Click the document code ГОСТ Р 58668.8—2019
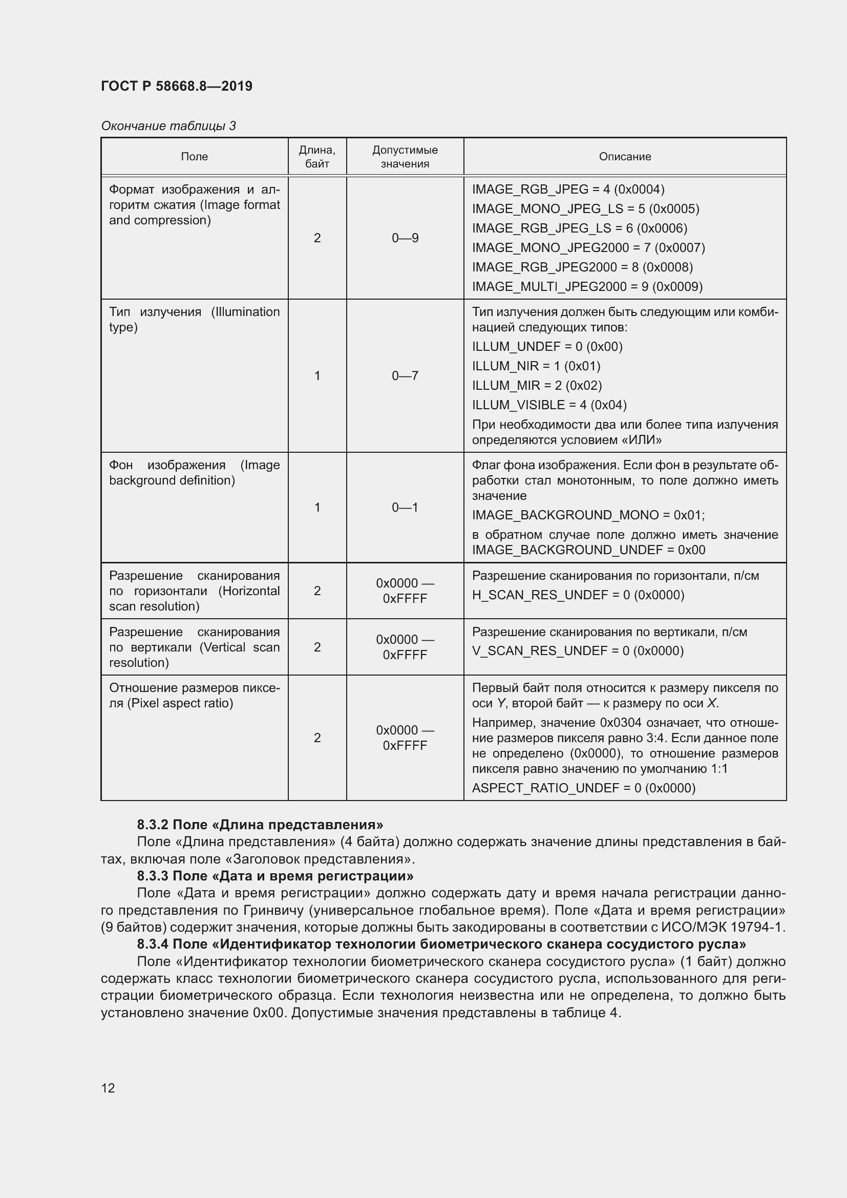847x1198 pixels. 176,86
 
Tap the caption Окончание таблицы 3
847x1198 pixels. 168,126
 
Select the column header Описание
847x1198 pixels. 624,157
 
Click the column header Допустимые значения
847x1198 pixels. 405,157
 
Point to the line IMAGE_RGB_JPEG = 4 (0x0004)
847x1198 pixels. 567,190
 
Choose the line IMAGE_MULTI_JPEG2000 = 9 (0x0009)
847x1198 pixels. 587,286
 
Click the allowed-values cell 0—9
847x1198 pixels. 405,238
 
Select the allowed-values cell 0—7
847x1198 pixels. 405,375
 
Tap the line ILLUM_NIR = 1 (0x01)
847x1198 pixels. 536,366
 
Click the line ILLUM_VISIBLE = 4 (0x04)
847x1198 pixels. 548,405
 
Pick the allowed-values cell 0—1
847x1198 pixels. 405,507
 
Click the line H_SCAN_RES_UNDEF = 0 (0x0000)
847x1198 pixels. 577,595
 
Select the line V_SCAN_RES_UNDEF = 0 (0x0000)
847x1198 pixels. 577,650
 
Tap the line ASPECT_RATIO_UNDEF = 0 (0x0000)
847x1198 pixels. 583,788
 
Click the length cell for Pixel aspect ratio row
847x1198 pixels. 317,737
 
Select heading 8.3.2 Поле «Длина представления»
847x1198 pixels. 260,825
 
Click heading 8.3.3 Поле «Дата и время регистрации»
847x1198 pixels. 275,875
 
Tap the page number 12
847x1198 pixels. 108,1088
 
